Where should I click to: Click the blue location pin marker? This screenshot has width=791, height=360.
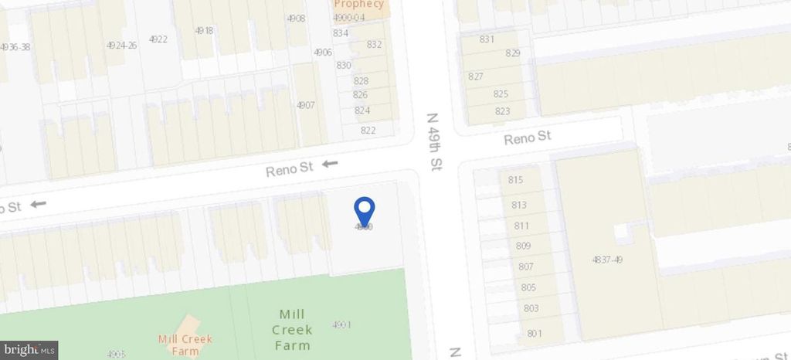(364, 211)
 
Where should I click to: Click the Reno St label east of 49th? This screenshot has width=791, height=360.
(528, 138)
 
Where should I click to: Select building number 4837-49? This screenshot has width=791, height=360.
(607, 260)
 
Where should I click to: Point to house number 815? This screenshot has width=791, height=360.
(516, 180)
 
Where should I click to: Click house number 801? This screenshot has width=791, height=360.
(533, 334)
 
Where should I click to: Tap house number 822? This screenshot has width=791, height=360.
(368, 130)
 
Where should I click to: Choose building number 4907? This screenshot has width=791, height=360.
(306, 105)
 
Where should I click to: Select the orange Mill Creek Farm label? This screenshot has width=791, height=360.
(185, 345)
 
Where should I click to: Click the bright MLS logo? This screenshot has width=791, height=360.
(29, 350)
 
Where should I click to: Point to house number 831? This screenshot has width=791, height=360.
(487, 39)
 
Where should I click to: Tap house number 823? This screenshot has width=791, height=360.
(502, 111)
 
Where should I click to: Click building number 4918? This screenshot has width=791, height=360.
(204, 31)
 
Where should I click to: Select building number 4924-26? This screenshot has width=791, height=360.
(121, 46)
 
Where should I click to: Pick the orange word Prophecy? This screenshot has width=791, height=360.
(358, 4)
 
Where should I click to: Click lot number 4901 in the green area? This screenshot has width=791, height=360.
(341, 324)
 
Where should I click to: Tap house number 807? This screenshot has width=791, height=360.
(526, 267)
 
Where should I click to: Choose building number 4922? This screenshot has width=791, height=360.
(158, 39)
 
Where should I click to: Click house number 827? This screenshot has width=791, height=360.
(476, 76)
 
